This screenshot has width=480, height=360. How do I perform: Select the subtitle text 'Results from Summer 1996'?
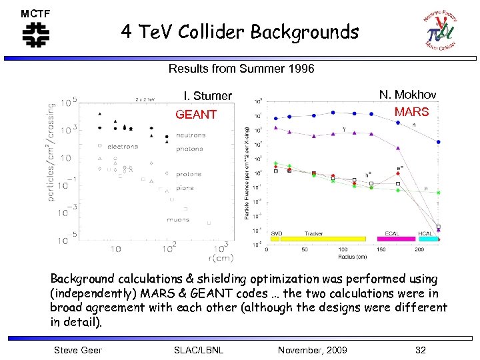point(241,69)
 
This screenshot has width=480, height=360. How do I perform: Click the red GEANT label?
point(196,115)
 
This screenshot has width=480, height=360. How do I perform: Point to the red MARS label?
point(411,111)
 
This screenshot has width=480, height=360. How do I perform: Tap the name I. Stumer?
point(208,96)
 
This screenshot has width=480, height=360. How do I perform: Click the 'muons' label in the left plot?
point(178,220)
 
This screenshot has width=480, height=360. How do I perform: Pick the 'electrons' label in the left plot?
point(123,147)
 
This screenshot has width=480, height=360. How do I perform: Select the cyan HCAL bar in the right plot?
point(429,239)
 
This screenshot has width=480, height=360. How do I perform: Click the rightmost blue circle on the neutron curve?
point(438,142)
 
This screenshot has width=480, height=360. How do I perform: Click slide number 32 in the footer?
point(419,350)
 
